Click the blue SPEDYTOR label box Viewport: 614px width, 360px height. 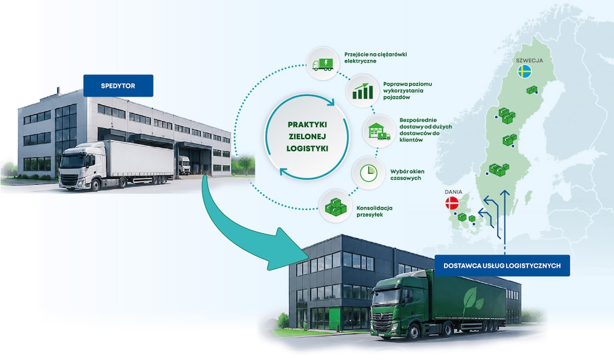coord(118,86)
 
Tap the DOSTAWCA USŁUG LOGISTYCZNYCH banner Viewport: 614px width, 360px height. coord(502,266)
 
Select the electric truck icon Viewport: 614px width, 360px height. coord(323,64)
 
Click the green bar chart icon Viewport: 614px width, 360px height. coord(363,91)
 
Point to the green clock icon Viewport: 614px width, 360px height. coord(369,173)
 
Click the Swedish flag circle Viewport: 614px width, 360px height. coord(525,71)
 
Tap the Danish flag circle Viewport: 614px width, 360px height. coord(452,203)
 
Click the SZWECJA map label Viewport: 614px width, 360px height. coord(529,61)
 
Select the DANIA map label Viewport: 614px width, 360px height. coord(453,192)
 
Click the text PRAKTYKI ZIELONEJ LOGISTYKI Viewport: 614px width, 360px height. coord(308,136)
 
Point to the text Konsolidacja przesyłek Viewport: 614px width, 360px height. coord(374,211)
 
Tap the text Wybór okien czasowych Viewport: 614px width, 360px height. coord(407,175)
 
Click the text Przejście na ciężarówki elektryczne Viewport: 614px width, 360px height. coord(375,58)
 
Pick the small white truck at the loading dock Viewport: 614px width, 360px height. coord(184,165)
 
